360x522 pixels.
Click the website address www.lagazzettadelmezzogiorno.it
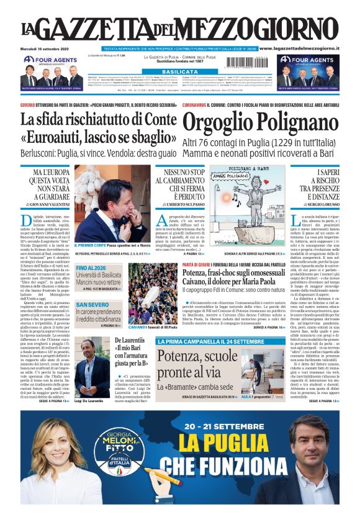click(299, 48)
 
